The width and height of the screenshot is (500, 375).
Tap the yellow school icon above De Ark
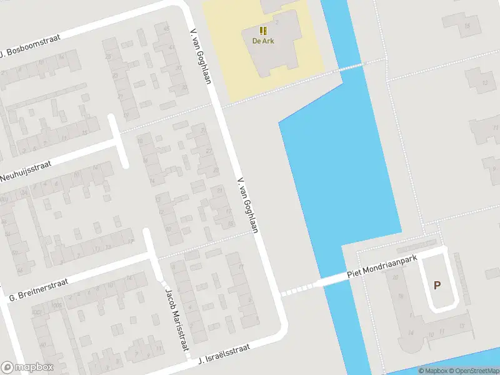point(263,31)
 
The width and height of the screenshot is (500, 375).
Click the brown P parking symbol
point(437,285)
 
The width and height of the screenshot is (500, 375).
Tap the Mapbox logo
point(27,367)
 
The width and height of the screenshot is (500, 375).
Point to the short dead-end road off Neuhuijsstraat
point(119,141)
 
